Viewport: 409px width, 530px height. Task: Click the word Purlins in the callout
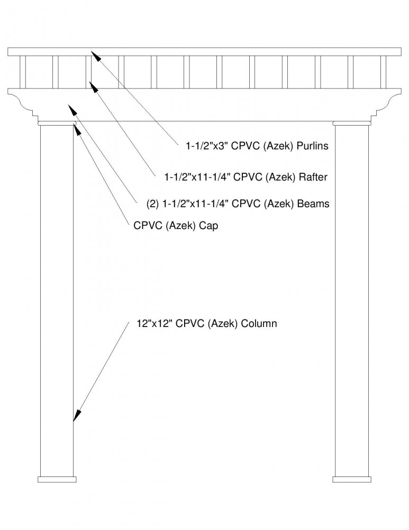click(312, 146)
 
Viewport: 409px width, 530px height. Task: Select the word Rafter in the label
click(313, 177)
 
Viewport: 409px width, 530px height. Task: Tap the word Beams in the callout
click(313, 204)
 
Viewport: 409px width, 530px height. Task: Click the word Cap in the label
click(208, 225)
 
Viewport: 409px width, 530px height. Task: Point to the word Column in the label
click(259, 323)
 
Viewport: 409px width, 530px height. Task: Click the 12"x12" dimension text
click(154, 323)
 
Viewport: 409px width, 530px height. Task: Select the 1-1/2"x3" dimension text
click(207, 146)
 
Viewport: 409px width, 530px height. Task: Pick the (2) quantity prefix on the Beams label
click(152, 204)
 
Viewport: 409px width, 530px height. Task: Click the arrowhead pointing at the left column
click(77, 416)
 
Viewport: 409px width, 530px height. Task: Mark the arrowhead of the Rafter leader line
click(94, 86)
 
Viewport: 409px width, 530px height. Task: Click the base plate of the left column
click(57, 479)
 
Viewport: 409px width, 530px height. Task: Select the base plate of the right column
click(352, 479)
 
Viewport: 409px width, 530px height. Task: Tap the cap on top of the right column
click(352, 123)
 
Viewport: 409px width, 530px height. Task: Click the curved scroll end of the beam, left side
click(24, 101)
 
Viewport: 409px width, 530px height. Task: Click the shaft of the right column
click(352, 301)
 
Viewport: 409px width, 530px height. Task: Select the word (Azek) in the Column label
click(223, 324)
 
